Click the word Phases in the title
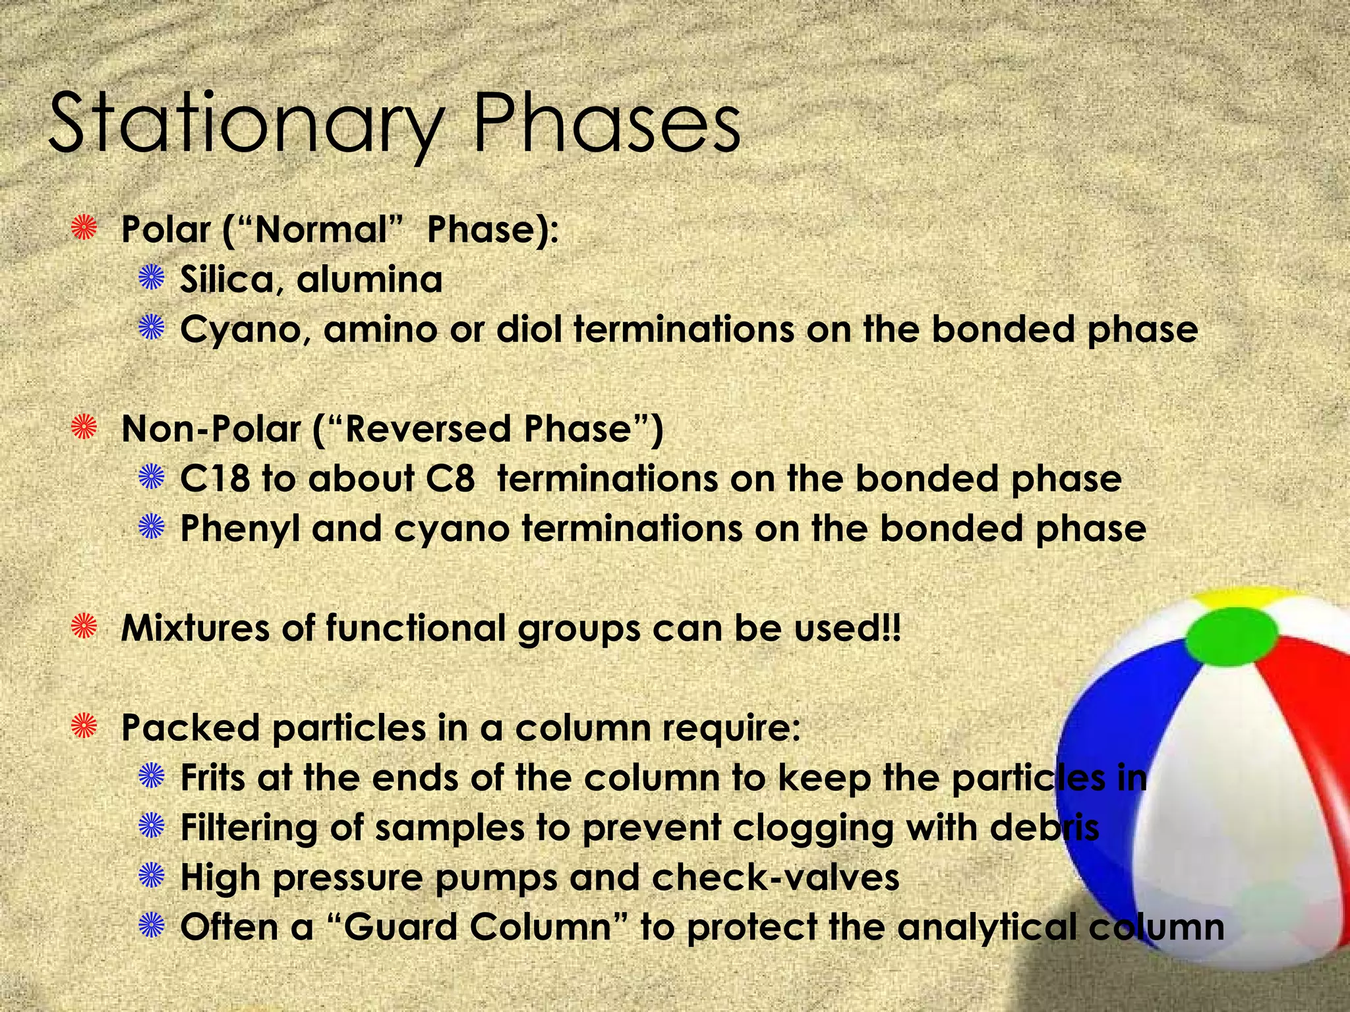pyautogui.click(x=606, y=125)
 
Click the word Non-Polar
pyautogui.click(x=211, y=429)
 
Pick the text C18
pyautogui.click(x=215, y=479)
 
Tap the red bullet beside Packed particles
pyautogui.click(x=84, y=727)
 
